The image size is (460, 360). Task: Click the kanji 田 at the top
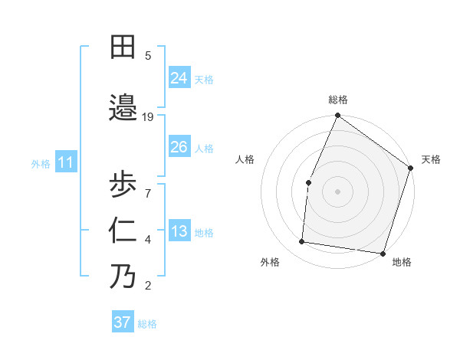tap(123, 47)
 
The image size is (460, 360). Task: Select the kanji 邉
tap(123, 106)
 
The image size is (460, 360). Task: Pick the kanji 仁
tap(123, 230)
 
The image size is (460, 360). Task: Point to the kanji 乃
tap(123, 276)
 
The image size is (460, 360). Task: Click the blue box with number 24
tap(179, 77)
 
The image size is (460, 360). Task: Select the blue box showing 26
tap(179, 147)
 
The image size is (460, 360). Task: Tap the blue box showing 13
tap(179, 232)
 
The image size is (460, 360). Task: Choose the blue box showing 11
tap(65, 162)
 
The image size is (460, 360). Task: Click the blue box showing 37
tap(123, 322)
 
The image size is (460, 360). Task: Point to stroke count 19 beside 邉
tap(148, 116)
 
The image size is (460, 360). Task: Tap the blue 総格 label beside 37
tap(147, 324)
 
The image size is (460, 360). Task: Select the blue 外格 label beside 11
tap(41, 163)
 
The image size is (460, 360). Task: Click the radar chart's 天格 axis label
tap(431, 159)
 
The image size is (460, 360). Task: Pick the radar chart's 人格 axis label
tap(245, 159)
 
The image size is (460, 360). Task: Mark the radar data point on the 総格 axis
tap(337, 116)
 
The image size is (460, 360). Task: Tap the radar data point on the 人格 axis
tap(308, 182)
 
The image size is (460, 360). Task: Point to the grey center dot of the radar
tap(337, 191)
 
